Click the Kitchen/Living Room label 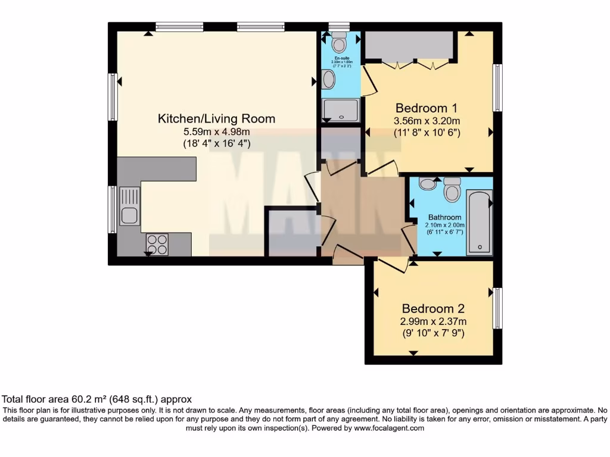[x=216, y=118]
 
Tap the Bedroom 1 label [x=427, y=108]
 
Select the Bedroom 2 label [x=432, y=309]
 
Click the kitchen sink [x=129, y=205]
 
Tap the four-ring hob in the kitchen [x=157, y=244]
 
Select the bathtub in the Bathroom [x=479, y=222]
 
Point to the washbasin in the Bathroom [x=427, y=183]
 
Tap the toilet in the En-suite [x=339, y=41]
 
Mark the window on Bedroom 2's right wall [x=497, y=308]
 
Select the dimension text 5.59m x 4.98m [x=216, y=132]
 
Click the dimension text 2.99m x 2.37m [x=432, y=322]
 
